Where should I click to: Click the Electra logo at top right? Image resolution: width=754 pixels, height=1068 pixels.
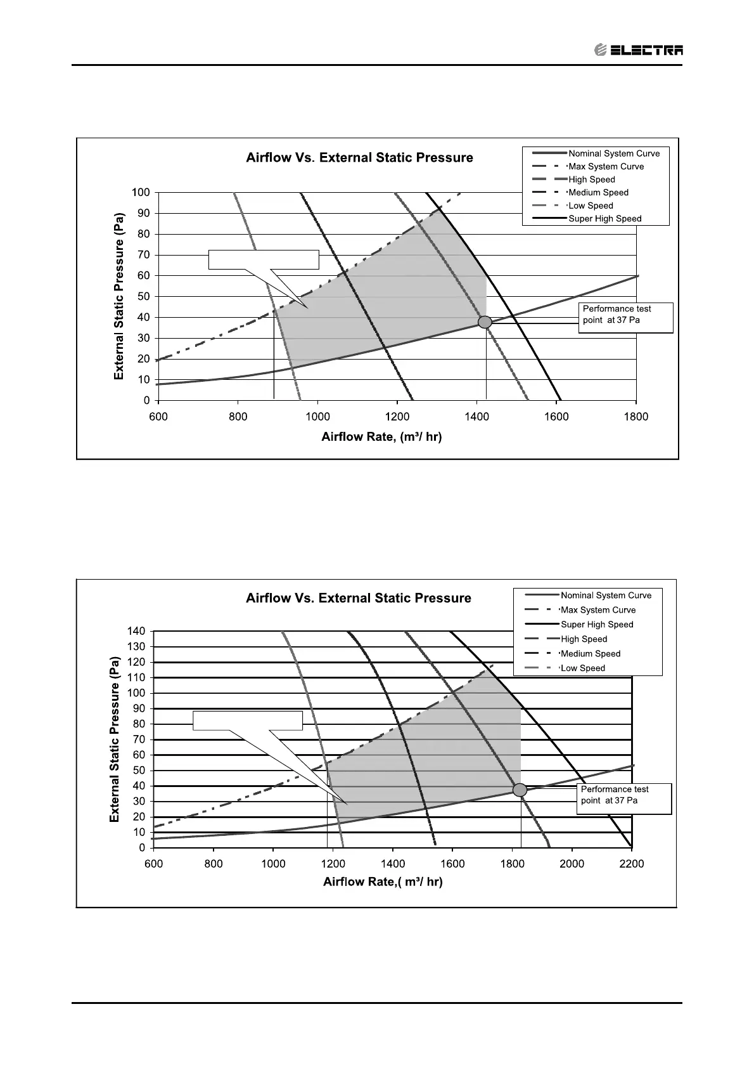pos(639,49)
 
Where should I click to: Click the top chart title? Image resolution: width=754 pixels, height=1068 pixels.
pos(359,157)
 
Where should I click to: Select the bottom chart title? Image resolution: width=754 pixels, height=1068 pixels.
pos(358,598)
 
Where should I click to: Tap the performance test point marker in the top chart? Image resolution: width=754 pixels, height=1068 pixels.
pos(485,322)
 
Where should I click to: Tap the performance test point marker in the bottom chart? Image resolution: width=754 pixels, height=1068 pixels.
pos(520,790)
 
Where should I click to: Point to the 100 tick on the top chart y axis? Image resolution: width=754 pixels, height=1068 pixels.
pos(141,192)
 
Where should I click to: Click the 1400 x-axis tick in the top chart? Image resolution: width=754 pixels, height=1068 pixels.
pos(476,417)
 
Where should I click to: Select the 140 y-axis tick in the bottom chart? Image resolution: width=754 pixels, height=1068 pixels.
pos(136,631)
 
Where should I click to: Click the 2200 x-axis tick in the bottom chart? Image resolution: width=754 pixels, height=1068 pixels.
pos(631,864)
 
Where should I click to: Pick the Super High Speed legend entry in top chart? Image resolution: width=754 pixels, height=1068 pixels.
pos(604,219)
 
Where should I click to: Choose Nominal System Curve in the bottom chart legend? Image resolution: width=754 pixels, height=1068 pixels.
pos(606,596)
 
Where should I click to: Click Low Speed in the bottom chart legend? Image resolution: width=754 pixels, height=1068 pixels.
pos(582,668)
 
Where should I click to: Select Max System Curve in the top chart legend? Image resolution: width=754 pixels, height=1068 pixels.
pos(606,167)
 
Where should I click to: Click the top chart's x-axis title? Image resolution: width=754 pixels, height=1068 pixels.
pos(381,436)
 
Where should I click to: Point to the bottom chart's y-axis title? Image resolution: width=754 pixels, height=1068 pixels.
pos(115,739)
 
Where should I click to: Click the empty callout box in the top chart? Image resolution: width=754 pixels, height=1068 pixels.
pos(264,260)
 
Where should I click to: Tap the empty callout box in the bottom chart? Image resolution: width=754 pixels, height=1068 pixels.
pos(248,720)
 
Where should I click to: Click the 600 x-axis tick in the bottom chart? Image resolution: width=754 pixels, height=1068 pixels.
pos(153,864)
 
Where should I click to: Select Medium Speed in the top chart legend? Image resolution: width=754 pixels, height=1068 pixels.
pos(598,193)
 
